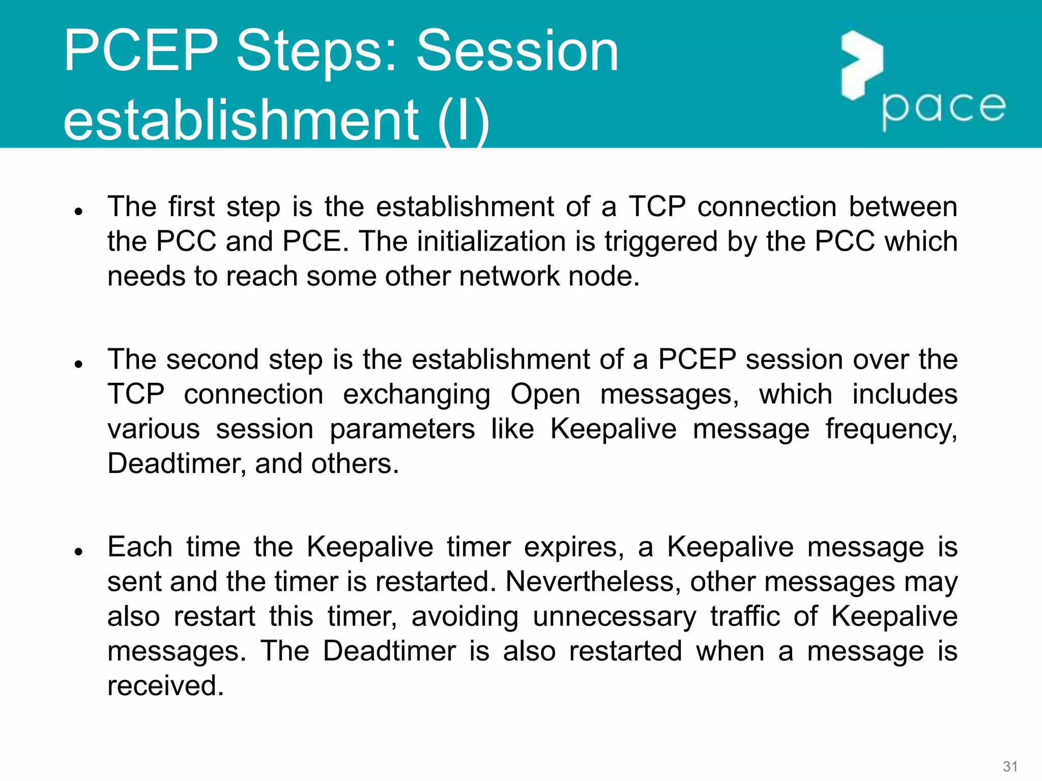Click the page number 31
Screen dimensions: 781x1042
(x=1010, y=766)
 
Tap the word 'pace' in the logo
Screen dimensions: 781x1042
(x=943, y=108)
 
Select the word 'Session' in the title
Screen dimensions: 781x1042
(x=517, y=51)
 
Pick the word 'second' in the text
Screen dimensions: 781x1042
(x=213, y=359)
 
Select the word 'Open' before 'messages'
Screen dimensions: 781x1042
(x=545, y=395)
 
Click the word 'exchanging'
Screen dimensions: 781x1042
(x=417, y=395)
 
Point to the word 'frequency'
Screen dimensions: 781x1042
(x=890, y=430)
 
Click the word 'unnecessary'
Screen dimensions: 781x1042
(x=614, y=617)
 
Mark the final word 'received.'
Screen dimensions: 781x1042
(x=166, y=685)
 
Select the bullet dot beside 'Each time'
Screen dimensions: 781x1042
(x=78, y=552)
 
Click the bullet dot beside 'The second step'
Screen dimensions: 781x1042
(x=78, y=364)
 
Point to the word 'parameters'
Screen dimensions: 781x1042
(x=402, y=430)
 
